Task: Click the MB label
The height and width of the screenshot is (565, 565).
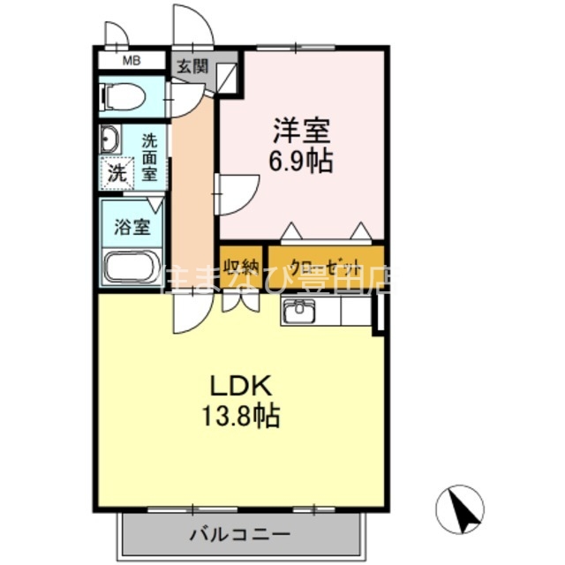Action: (131, 61)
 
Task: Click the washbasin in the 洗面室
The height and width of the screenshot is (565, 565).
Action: (110, 141)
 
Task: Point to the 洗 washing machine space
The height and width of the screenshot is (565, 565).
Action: (117, 173)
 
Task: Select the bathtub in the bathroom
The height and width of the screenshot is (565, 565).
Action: (131, 267)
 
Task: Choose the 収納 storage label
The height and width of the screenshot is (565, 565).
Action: (241, 266)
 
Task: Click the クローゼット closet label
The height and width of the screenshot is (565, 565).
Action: (325, 266)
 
